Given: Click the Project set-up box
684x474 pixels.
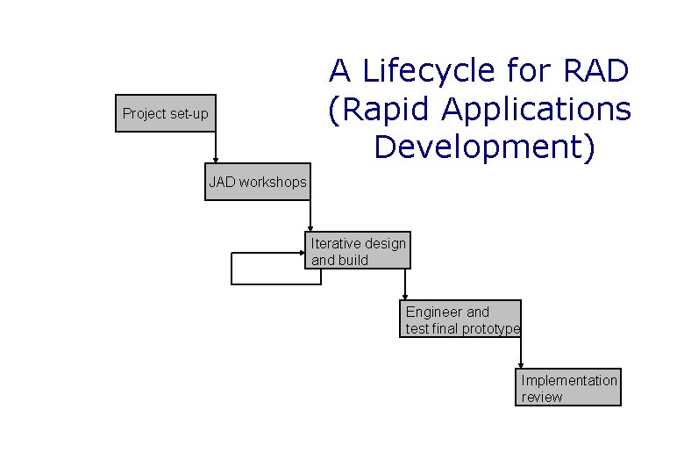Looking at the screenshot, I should [x=166, y=113].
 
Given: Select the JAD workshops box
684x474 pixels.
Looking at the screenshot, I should [x=258, y=182].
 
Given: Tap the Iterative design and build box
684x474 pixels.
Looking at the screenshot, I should [x=359, y=251].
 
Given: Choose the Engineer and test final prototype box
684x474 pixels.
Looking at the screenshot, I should [x=462, y=320].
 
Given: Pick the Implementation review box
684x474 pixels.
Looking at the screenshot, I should [x=568, y=388].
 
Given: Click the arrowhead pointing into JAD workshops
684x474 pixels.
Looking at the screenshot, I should [x=216, y=160].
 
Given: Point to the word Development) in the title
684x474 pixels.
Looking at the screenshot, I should [x=484, y=147].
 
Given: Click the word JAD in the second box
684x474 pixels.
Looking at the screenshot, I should [x=222, y=183].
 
